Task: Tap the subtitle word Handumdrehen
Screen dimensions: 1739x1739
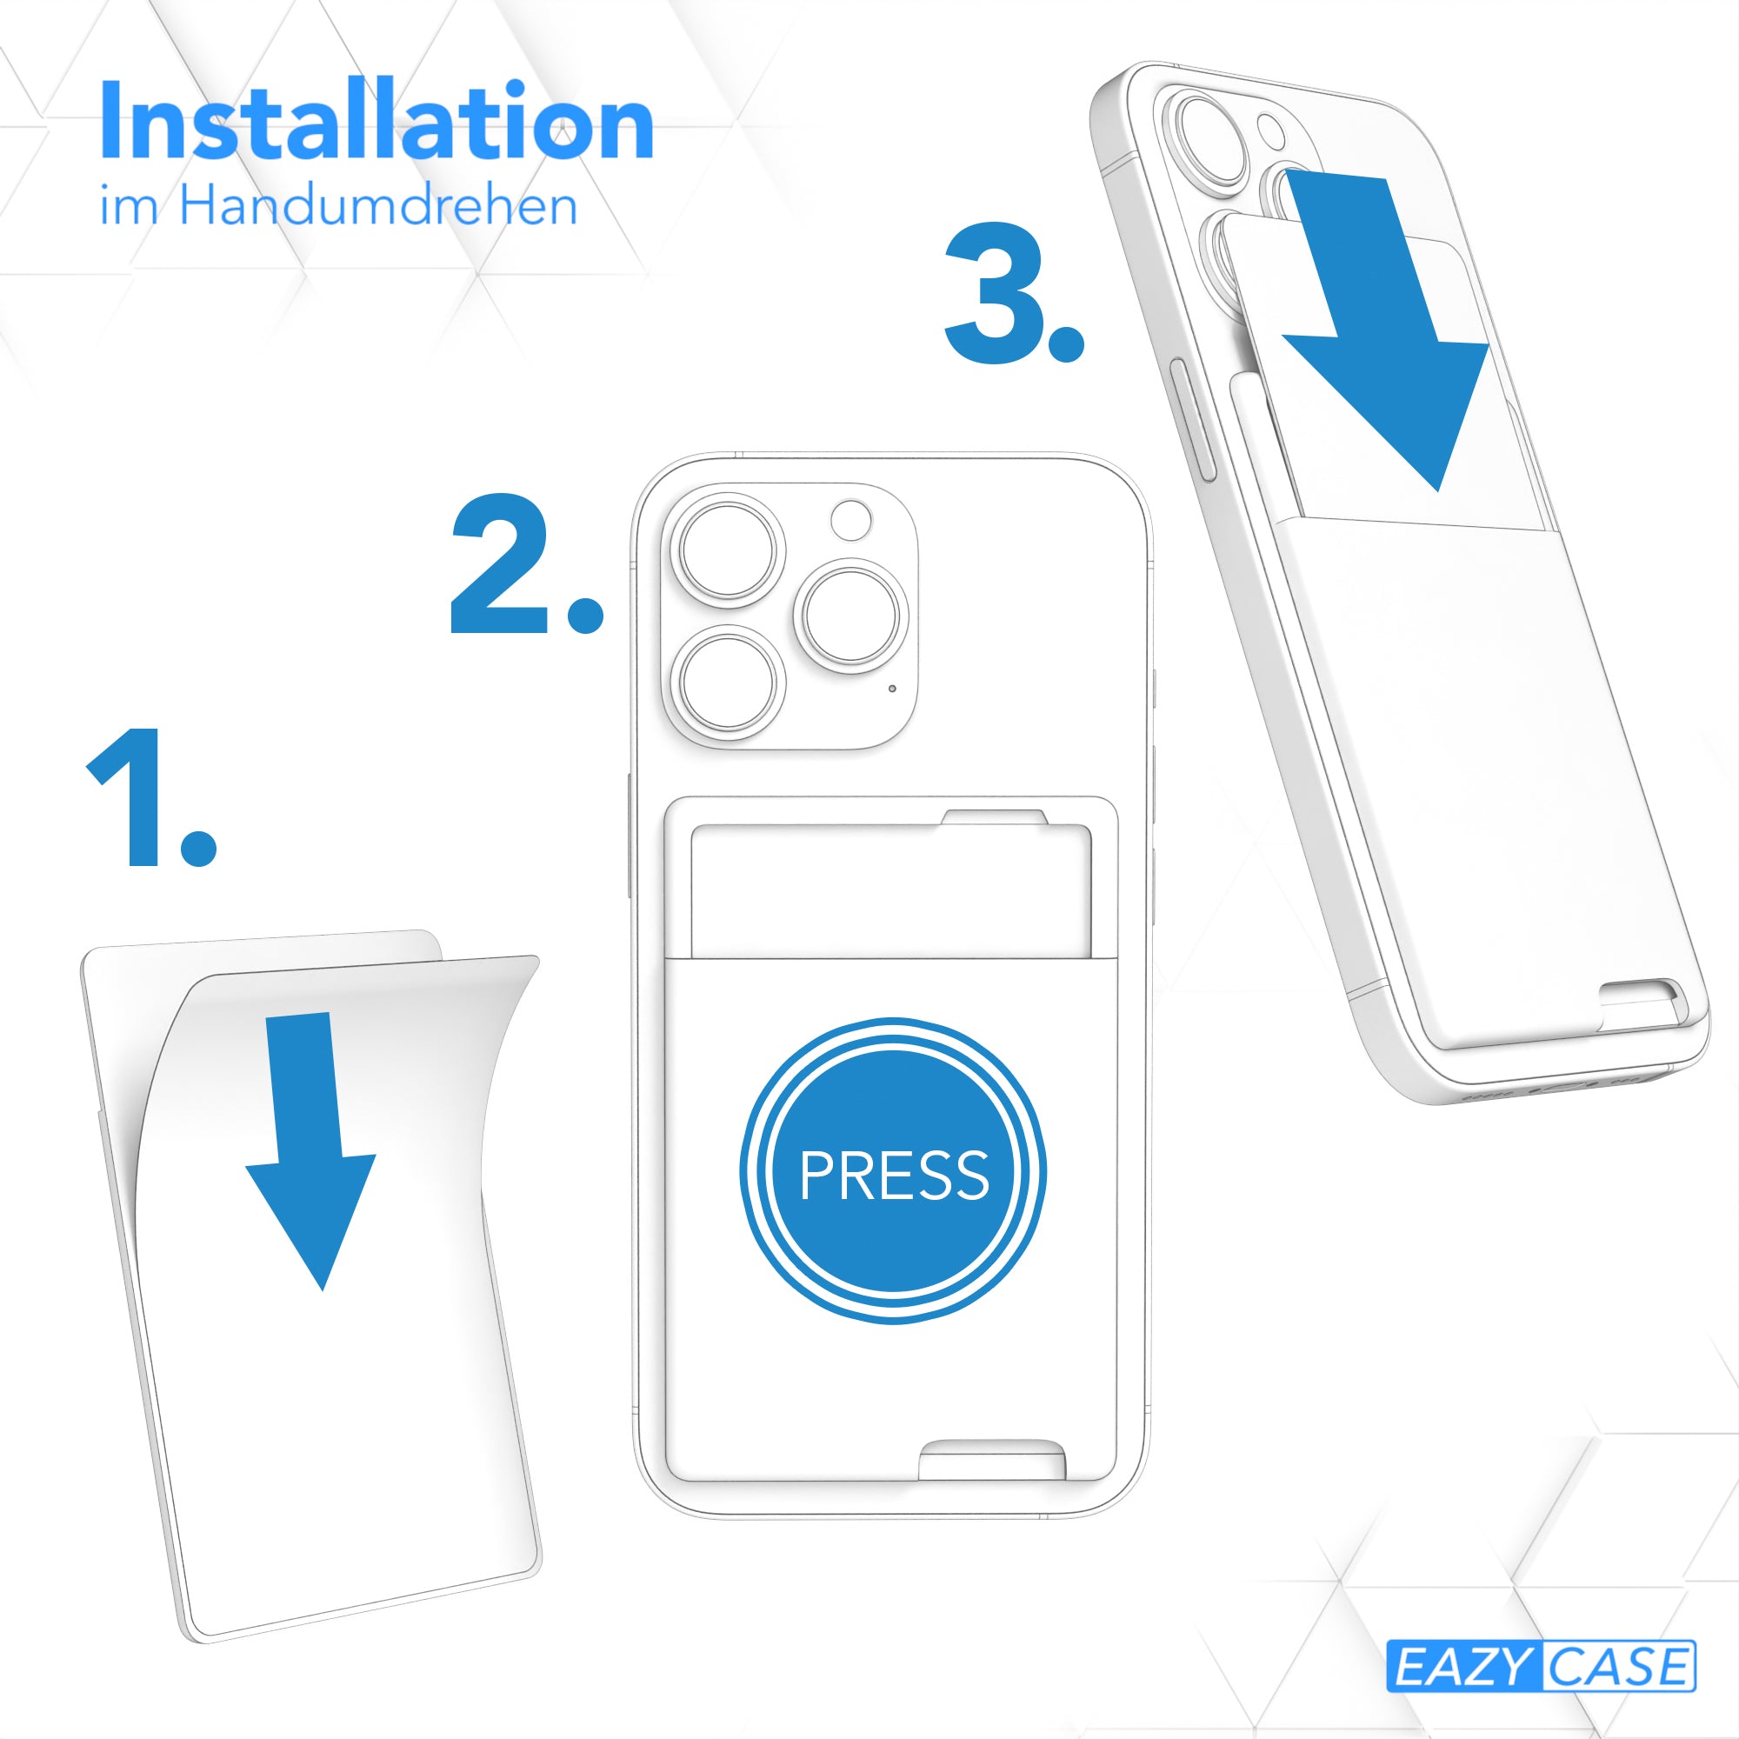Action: (x=378, y=205)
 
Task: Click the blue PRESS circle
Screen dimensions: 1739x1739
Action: (x=893, y=1171)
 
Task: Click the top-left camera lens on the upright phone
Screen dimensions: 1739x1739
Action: (x=727, y=550)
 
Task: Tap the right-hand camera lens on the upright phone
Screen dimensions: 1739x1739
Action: (x=851, y=616)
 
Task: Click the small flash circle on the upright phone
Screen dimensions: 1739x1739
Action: (x=850, y=520)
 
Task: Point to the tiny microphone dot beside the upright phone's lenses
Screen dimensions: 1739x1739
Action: (x=892, y=689)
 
